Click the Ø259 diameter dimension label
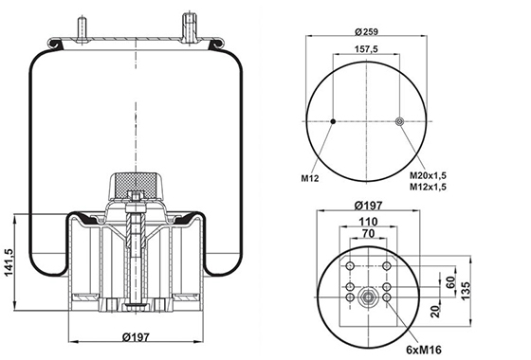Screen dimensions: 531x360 [x=366, y=31]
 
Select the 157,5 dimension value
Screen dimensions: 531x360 [x=366, y=49]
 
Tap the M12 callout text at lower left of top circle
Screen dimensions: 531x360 [x=310, y=178]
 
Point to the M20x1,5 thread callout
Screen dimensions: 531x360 [x=428, y=175]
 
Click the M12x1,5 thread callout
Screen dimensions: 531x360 [x=428, y=187]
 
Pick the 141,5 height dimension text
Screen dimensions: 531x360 [x=9, y=262]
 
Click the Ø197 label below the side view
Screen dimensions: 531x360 [x=136, y=337]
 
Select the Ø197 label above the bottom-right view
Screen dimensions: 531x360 [x=368, y=206]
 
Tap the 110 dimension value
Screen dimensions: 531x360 [x=368, y=222]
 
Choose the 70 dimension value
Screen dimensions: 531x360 [x=368, y=233]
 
